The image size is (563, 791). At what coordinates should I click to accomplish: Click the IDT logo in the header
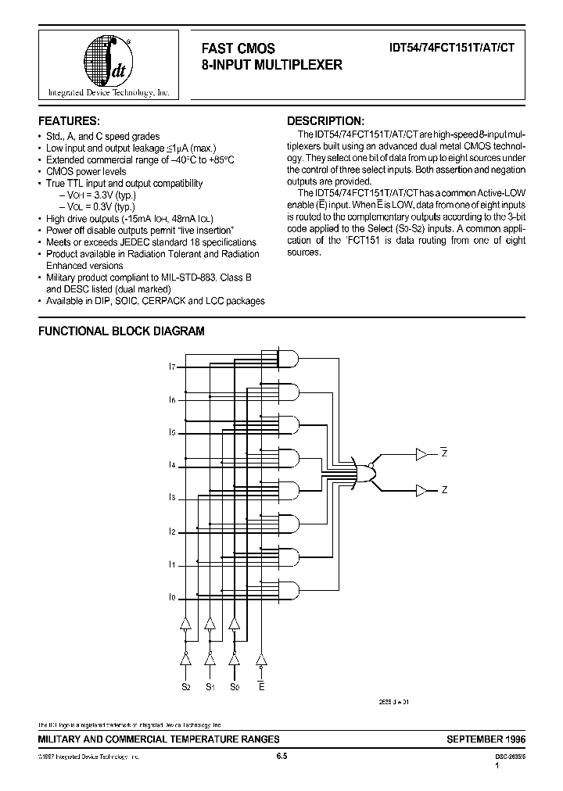(x=108, y=63)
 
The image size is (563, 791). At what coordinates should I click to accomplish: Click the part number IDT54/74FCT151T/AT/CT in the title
(x=451, y=48)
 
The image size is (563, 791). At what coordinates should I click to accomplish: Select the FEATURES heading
(x=69, y=121)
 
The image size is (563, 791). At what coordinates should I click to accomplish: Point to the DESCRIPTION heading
(x=325, y=121)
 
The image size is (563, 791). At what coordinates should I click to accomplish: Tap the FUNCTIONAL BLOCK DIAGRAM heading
(x=121, y=331)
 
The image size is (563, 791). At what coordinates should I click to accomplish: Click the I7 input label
(x=172, y=366)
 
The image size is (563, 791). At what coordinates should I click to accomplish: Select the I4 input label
(x=172, y=465)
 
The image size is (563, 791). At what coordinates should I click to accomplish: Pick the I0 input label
(x=172, y=597)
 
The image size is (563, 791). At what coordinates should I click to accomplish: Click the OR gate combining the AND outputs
(x=365, y=472)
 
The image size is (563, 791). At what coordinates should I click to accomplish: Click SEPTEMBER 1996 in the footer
(x=486, y=739)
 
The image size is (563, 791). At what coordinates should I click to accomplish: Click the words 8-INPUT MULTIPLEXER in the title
(x=271, y=66)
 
